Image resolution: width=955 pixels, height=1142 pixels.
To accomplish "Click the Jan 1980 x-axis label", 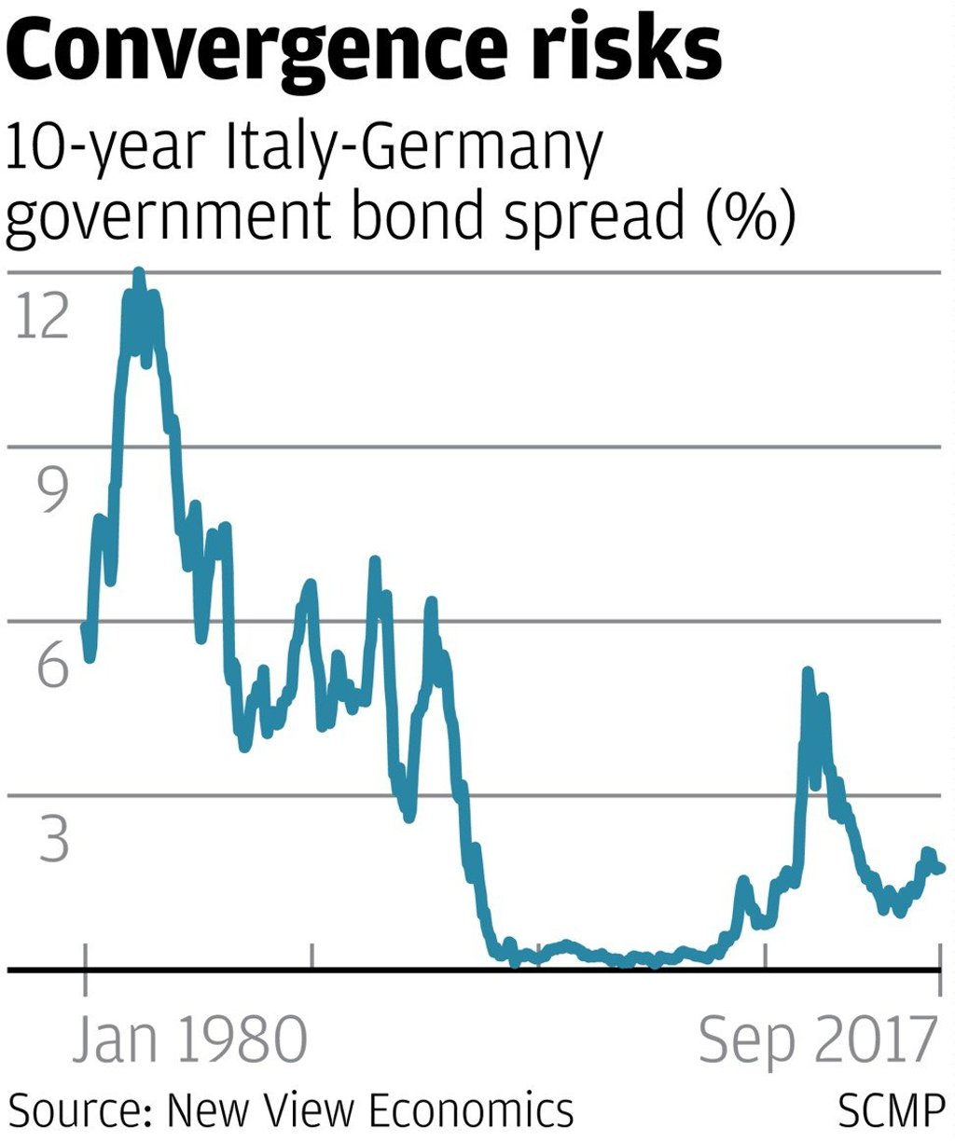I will [190, 1039].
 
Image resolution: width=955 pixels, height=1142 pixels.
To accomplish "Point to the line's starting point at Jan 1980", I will [85, 627].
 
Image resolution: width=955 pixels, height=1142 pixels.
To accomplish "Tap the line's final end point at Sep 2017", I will [941, 869].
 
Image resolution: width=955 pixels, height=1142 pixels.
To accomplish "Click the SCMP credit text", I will [891, 1110].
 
